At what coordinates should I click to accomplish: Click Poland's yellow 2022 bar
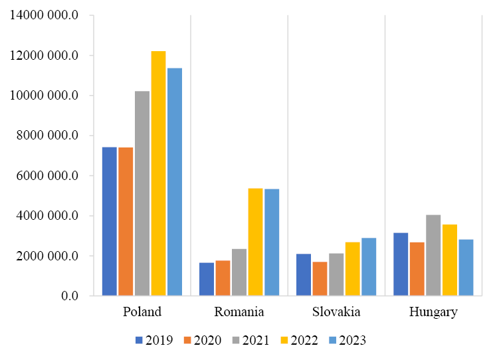click(158, 173)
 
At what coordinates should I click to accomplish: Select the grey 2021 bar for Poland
click(142, 193)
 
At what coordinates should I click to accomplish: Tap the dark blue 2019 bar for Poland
click(109, 221)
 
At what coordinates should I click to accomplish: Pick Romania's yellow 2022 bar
click(255, 242)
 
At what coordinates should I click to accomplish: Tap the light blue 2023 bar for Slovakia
click(369, 266)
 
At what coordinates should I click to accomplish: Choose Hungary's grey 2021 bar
click(433, 255)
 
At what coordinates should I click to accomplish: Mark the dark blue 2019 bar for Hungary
click(401, 264)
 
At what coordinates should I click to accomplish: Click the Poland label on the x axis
click(142, 312)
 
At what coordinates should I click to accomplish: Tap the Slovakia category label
click(336, 312)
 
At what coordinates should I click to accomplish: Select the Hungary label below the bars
click(433, 312)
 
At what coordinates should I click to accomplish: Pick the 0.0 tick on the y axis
click(69, 296)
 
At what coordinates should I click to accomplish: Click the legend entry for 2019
click(154, 340)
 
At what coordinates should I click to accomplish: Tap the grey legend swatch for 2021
click(236, 340)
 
